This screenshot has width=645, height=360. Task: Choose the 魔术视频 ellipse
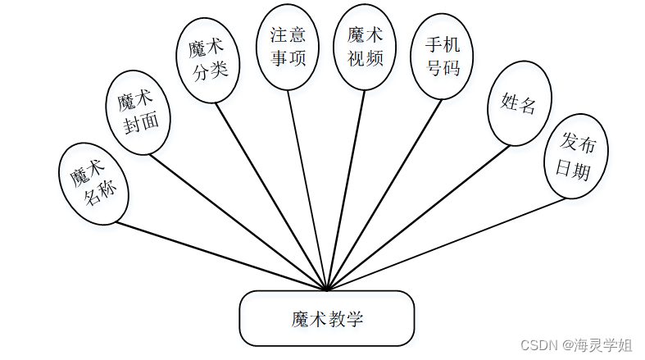(365, 46)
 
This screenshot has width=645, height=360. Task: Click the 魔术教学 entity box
(327, 318)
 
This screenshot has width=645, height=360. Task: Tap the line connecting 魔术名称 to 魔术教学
(221, 256)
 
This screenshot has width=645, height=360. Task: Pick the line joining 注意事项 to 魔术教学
(307, 189)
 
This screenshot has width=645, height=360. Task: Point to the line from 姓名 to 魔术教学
(418, 217)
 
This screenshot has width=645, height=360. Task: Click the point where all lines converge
(327, 289)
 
